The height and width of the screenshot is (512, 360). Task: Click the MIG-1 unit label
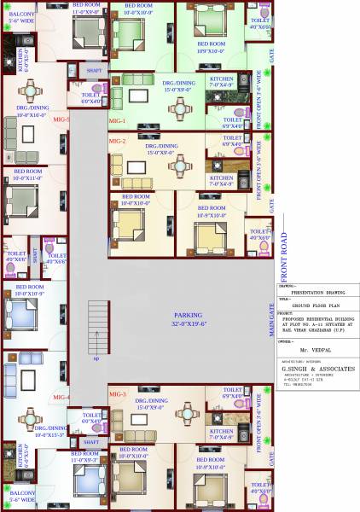pyautogui.click(x=118, y=122)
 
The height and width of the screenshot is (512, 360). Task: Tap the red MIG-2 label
pyautogui.click(x=118, y=140)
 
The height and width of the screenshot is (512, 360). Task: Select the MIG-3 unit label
pyautogui.click(x=118, y=394)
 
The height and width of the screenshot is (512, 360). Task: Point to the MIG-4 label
pyautogui.click(x=60, y=398)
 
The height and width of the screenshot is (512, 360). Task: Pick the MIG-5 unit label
pyautogui.click(x=60, y=119)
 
